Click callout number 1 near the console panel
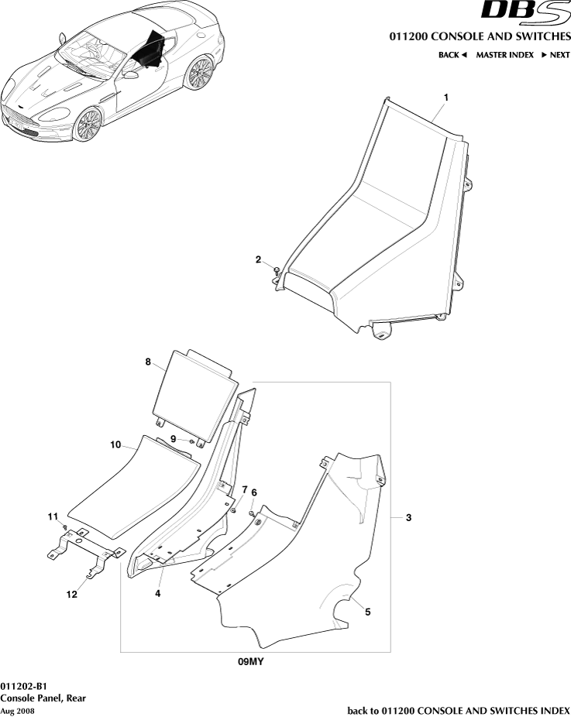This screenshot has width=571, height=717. (446, 98)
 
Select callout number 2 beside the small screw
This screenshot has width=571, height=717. (258, 260)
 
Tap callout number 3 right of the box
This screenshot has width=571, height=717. (408, 517)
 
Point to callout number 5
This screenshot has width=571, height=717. (367, 612)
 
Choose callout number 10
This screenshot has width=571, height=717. (115, 445)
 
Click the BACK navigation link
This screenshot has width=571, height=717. (452, 55)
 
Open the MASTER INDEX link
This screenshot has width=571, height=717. (504, 55)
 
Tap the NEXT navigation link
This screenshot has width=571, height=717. (556, 55)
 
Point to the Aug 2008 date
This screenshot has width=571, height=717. (17, 711)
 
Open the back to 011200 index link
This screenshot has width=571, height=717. (459, 710)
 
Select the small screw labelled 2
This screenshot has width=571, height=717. (276, 270)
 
